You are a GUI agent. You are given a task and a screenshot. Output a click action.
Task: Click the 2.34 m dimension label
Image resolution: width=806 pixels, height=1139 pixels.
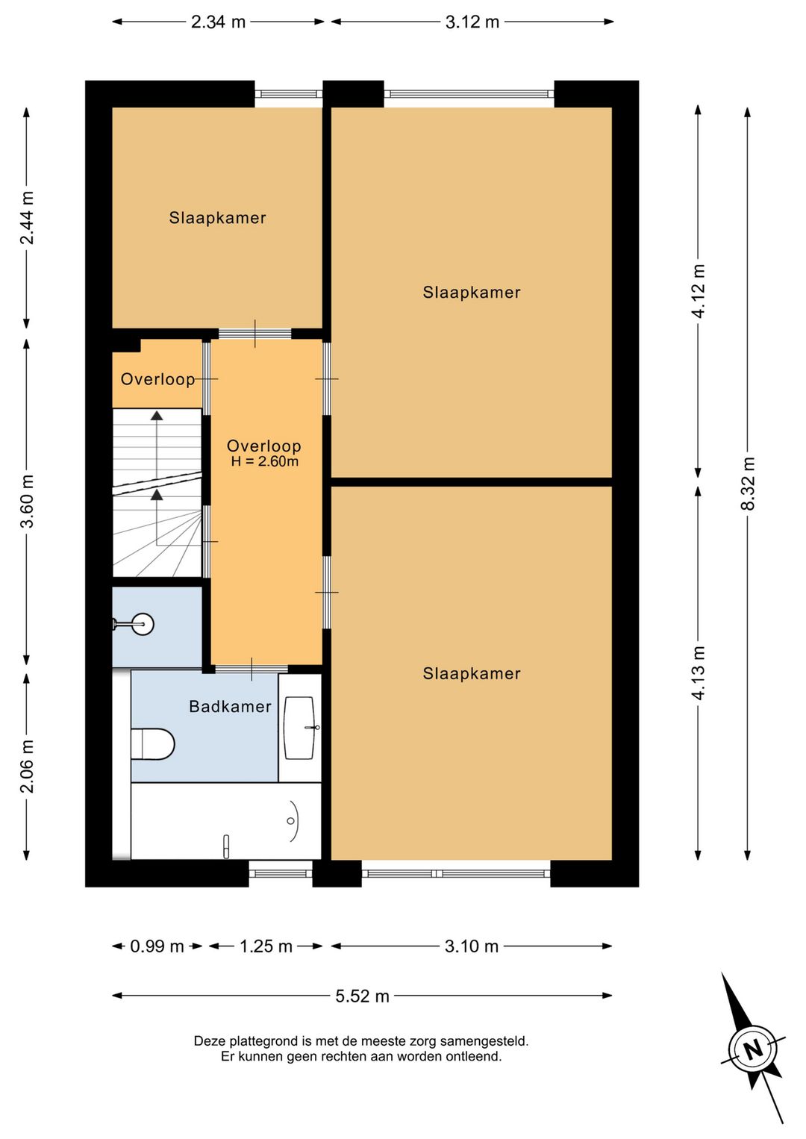tap(218, 22)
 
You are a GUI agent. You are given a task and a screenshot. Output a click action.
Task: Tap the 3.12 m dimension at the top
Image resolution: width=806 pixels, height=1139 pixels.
tap(472, 22)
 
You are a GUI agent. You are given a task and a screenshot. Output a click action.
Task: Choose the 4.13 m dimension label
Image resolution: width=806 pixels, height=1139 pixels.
tap(699, 673)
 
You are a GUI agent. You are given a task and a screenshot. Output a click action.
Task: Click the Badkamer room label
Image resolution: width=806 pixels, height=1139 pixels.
tap(230, 706)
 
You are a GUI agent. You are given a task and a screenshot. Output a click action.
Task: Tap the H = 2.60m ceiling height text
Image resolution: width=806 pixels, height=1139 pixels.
tap(264, 462)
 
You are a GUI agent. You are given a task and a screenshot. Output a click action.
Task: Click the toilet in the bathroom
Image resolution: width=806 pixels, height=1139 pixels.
tap(152, 744)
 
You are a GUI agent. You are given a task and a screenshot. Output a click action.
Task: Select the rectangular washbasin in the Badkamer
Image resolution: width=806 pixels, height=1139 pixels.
tap(300, 728)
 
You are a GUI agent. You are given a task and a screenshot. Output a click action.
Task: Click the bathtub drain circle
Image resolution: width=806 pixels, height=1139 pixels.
tap(290, 821)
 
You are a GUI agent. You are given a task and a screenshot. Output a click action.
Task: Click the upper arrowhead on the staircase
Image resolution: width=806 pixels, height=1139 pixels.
tap(157, 416)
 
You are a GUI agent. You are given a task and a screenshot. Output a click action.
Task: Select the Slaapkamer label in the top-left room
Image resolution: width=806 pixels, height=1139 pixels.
tap(218, 218)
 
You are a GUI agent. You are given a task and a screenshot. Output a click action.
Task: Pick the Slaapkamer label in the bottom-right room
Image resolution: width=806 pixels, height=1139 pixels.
tap(472, 674)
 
